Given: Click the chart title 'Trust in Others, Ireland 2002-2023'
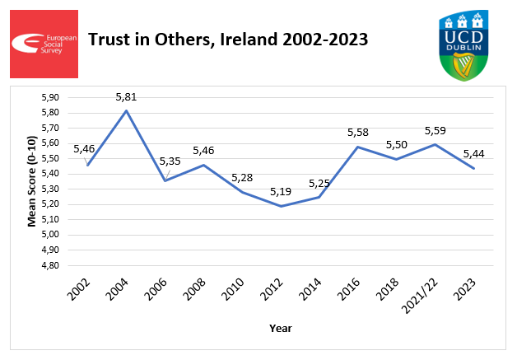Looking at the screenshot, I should (227, 40).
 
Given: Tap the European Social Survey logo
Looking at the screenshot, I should (44, 44).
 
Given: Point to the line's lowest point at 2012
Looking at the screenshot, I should (282, 206).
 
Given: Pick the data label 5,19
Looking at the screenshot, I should (282, 192).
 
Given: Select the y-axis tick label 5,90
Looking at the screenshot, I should (51, 97).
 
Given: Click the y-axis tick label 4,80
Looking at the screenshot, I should (51, 266).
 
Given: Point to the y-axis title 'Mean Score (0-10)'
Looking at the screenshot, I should (33, 182).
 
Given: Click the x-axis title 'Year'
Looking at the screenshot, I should (281, 328).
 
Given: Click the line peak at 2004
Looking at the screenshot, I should (126, 110).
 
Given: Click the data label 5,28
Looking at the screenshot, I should (243, 178).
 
